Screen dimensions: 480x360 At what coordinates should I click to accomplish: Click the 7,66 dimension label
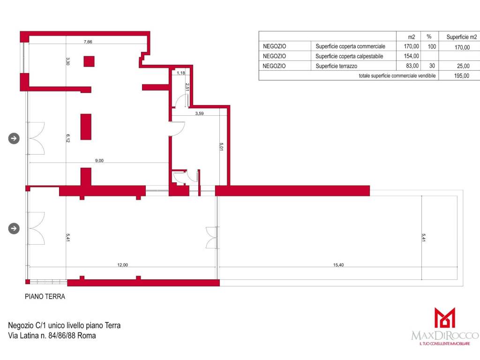click(88, 42)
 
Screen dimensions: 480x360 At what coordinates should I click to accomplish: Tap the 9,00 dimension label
click(99, 160)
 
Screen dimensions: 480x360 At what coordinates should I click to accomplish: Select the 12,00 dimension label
click(122, 265)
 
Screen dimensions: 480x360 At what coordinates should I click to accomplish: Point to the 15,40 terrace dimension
click(338, 265)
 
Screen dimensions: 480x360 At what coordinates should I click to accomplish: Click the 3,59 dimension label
click(199, 113)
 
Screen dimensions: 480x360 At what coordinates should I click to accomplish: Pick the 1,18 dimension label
click(181, 73)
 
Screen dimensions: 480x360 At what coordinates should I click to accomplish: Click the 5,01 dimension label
click(221, 147)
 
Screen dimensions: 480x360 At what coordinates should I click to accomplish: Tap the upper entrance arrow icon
click(14, 138)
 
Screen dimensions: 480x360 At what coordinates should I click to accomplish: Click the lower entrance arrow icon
click(14, 228)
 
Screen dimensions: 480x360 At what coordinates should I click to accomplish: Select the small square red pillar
click(89, 61)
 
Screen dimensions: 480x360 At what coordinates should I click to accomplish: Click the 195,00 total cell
click(462, 75)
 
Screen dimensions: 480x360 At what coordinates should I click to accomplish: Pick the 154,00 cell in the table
click(412, 56)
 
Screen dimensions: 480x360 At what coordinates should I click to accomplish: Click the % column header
click(429, 37)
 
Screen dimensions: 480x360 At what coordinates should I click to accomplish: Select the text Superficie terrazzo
click(336, 66)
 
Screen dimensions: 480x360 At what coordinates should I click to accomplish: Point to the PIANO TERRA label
click(45, 296)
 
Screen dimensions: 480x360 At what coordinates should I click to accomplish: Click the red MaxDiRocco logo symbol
click(445, 317)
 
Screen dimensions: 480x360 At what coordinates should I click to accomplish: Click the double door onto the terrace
click(212, 238)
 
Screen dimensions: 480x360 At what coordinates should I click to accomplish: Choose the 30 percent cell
click(432, 66)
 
